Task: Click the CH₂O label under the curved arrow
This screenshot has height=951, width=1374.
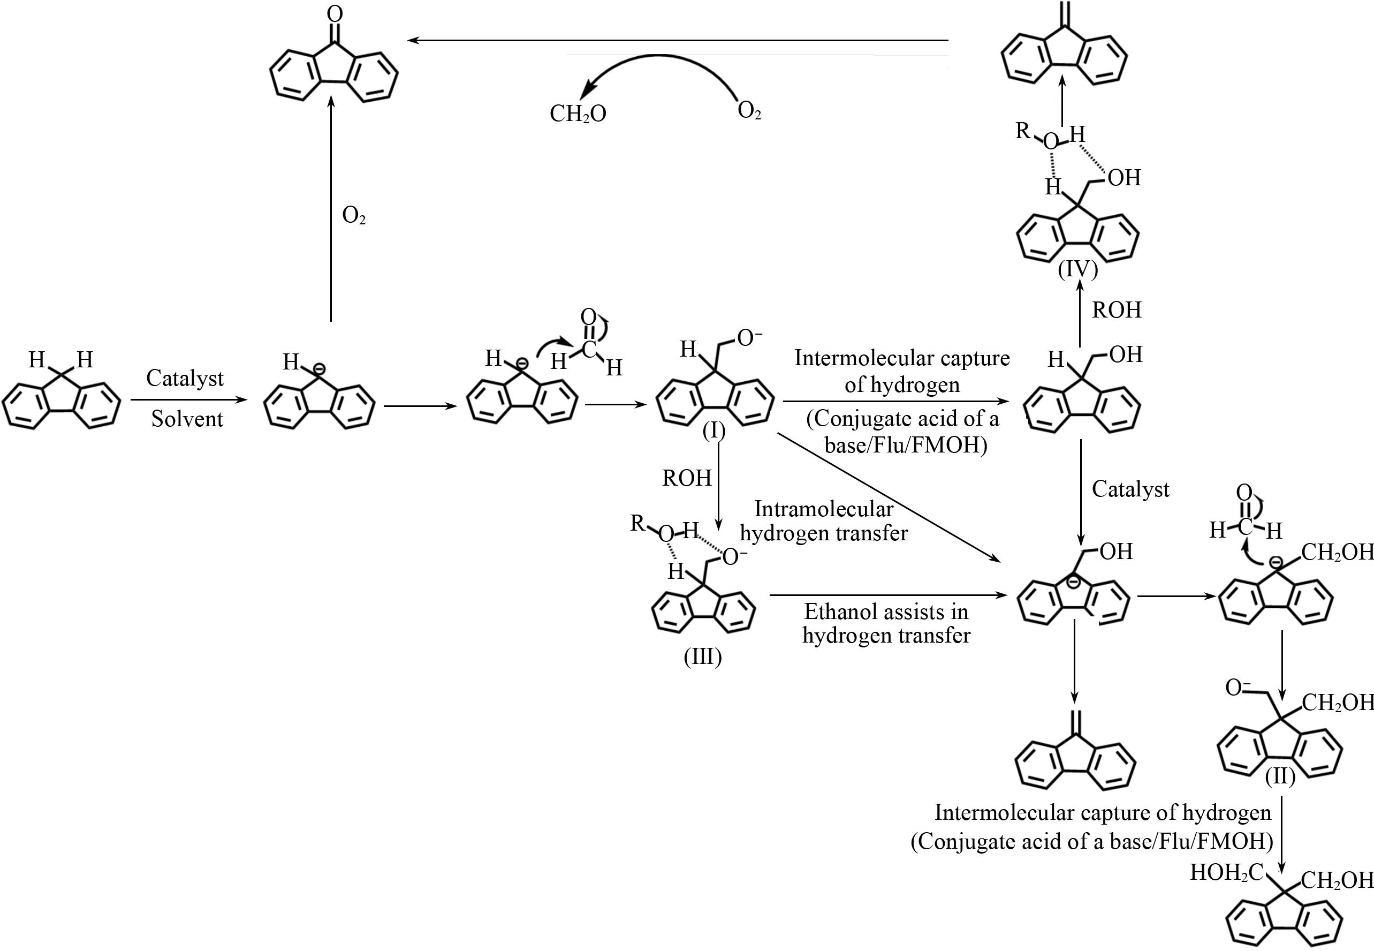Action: (x=577, y=113)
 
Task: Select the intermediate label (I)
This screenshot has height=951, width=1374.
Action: (x=713, y=430)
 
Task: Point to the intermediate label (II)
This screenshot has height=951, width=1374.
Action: (x=1280, y=776)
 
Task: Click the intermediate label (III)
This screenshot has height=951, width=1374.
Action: (x=703, y=656)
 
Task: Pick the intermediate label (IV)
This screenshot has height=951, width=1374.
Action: (x=1078, y=270)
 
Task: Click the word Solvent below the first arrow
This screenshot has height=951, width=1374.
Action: (x=187, y=419)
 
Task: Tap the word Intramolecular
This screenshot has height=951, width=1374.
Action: (x=824, y=509)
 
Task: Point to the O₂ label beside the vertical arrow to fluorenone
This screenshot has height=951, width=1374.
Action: (x=354, y=216)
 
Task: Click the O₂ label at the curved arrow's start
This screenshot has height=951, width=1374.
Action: (x=749, y=111)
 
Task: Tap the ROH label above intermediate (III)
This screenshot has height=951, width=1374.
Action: (x=687, y=478)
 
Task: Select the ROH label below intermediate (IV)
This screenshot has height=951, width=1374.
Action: (x=1116, y=310)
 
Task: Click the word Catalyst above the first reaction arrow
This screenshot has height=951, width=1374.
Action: (x=185, y=378)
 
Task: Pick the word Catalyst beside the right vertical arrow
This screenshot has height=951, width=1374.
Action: (x=1130, y=489)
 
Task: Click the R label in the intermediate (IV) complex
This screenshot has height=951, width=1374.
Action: (x=1023, y=130)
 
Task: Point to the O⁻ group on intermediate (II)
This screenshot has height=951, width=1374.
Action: (x=1238, y=688)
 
